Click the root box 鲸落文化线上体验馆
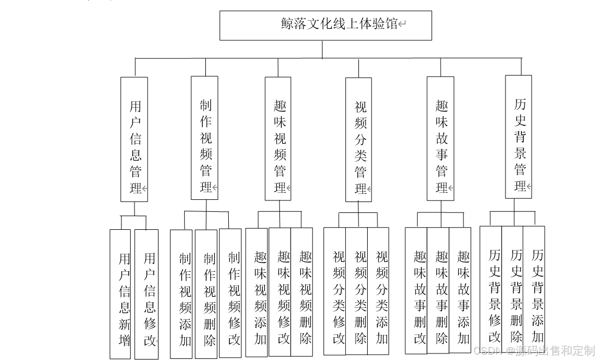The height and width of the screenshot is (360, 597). (325, 25)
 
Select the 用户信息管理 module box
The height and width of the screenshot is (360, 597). (134, 139)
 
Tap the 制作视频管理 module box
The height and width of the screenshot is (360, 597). (205, 138)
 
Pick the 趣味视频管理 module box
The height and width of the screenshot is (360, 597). (278, 138)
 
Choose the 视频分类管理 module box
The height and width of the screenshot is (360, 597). (359, 140)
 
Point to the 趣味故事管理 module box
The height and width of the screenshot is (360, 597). (440, 138)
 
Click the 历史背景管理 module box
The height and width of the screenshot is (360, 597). (519, 137)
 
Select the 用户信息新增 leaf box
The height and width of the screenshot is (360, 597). (120, 294)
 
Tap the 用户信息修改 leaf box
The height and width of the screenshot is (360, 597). (147, 294)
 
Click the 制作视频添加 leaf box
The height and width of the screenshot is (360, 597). (181, 294)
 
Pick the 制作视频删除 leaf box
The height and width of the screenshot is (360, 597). (206, 294)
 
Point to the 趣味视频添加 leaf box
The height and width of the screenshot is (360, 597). (257, 292)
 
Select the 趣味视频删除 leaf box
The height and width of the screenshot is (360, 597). (302, 292)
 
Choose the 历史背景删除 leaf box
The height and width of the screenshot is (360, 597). (513, 290)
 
